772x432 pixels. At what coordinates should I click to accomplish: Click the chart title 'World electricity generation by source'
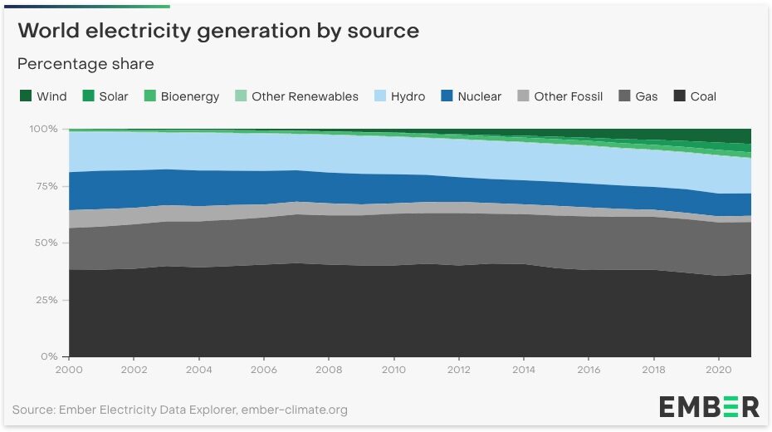click(x=217, y=32)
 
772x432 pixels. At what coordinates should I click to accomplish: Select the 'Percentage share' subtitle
click(x=86, y=64)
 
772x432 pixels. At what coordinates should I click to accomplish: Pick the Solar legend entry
click(x=105, y=96)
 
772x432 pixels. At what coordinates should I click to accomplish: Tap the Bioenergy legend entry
click(x=181, y=96)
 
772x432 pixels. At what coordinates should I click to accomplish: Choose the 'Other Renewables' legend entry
click(x=296, y=96)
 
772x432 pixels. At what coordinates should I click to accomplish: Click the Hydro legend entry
click(x=398, y=96)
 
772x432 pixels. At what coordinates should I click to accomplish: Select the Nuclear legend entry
click(x=470, y=96)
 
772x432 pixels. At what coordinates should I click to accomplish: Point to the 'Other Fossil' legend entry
click(x=559, y=96)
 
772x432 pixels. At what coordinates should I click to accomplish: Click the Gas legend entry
click(x=638, y=96)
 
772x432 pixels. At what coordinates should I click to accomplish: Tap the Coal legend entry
click(x=694, y=96)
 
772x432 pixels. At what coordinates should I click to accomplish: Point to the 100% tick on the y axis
click(x=43, y=130)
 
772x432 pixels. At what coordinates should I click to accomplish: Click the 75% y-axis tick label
click(x=45, y=186)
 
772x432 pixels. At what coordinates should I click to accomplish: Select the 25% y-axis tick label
click(x=45, y=300)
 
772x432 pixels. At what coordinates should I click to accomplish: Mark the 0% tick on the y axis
click(x=48, y=356)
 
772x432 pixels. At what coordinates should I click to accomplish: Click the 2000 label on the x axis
click(x=70, y=369)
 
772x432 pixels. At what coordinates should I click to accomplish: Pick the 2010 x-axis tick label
click(x=393, y=369)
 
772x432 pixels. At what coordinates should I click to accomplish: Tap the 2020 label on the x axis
click(x=717, y=369)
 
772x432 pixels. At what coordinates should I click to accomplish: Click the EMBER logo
click(x=709, y=406)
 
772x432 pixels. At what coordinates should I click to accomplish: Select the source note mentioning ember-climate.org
click(x=180, y=410)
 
